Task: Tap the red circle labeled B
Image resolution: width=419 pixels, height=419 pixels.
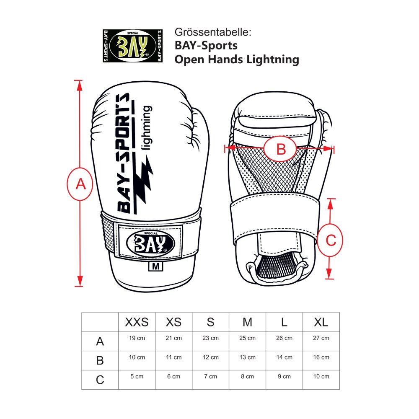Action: coord(281,148)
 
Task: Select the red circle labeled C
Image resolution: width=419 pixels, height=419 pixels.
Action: coord(330,241)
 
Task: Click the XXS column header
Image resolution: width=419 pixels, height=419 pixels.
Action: coord(137,322)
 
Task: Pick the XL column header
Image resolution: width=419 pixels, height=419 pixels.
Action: coord(321,322)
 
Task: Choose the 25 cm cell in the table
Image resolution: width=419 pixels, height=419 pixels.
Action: coord(247,338)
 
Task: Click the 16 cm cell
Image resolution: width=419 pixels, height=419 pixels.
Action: coord(321,357)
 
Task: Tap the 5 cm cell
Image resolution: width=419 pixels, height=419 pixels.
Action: coord(137,377)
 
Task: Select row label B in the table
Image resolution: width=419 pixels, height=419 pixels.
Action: coord(100,361)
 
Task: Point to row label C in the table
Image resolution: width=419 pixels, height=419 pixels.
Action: coord(100,380)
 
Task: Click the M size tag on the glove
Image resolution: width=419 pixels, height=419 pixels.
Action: coord(155,266)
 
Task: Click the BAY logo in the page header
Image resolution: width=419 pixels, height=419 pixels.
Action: coord(132,46)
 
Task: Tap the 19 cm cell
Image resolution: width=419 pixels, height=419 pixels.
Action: coord(137,338)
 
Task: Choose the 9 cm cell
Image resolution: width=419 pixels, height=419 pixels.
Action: coord(284,377)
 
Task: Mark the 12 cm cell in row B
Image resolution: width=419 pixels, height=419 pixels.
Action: coord(210,357)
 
